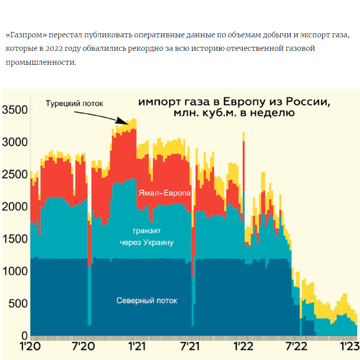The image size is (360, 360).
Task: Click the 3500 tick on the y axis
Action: click(x=15, y=110)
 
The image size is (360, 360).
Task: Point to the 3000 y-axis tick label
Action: click(x=15, y=142)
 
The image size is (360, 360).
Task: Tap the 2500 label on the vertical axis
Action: click(x=15, y=175)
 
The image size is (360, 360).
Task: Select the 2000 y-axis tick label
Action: click(x=15, y=207)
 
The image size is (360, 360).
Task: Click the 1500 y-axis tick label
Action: click(x=15, y=239)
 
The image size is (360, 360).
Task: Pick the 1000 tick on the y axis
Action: click(x=15, y=271)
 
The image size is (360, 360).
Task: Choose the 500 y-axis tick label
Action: click(x=18, y=304)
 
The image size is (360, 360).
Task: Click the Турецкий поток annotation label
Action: click(x=74, y=103)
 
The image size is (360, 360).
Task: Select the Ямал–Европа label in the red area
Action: click(x=164, y=193)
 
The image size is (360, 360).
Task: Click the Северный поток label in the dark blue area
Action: click(x=147, y=301)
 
